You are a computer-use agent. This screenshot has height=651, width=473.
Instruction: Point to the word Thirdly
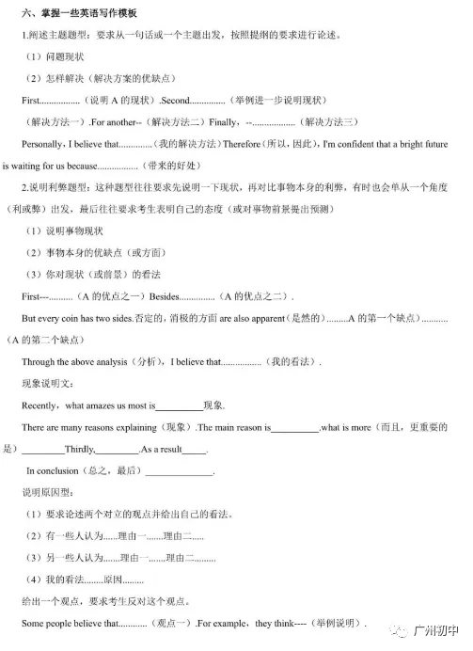76,450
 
